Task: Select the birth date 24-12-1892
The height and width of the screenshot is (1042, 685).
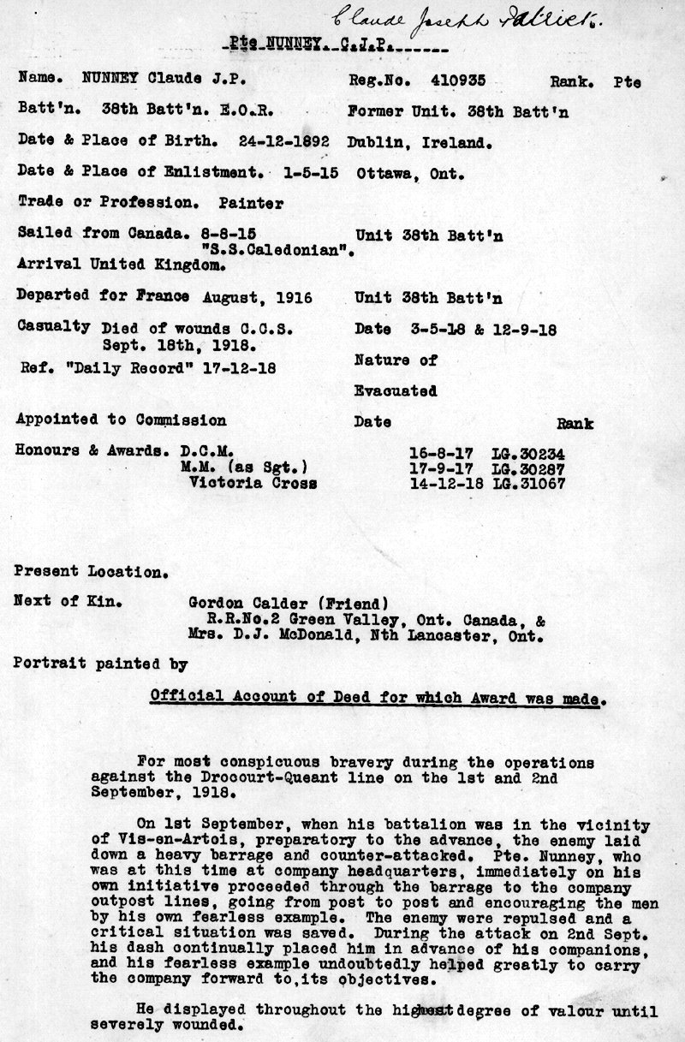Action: pos(286,141)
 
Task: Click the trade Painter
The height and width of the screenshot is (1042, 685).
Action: pos(251,203)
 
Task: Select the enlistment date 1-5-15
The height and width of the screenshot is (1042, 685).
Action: pos(310,172)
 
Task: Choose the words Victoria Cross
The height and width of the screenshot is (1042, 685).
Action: pos(253,482)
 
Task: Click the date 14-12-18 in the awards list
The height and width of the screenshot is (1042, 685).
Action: pos(443,483)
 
